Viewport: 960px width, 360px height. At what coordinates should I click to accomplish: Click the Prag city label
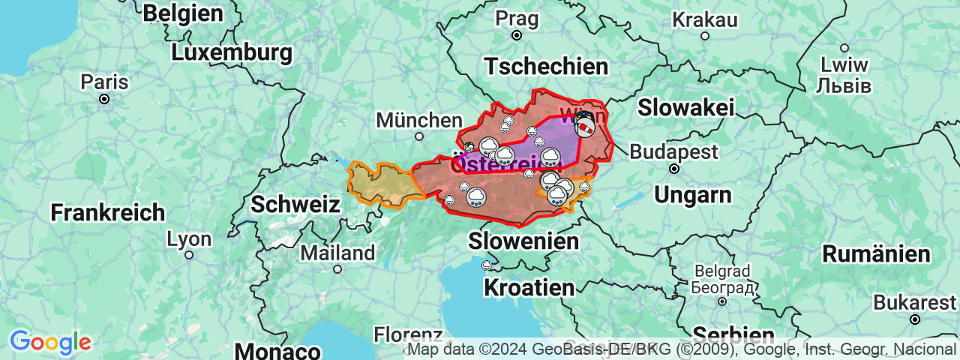click(x=516, y=16)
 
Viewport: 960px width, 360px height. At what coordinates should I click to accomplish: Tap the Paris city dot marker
click(x=104, y=99)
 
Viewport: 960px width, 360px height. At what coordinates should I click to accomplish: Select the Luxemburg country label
click(x=231, y=53)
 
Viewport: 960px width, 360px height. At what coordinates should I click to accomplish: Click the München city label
click(x=419, y=120)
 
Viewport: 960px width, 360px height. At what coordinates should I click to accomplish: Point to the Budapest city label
click(x=673, y=151)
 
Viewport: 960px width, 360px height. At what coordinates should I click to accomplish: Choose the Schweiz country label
click(x=295, y=204)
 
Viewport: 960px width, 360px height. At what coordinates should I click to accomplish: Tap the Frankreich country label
click(x=107, y=212)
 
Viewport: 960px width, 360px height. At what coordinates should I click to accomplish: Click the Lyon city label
click(x=188, y=239)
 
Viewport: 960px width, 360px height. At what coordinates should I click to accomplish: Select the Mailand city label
click(x=337, y=253)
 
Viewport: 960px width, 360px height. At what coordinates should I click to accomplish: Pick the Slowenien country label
click(x=523, y=241)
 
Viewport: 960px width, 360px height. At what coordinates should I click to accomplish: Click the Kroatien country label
click(x=529, y=287)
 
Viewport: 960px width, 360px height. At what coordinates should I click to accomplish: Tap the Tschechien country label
click(x=545, y=67)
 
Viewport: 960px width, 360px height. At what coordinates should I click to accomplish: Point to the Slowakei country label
click(x=685, y=107)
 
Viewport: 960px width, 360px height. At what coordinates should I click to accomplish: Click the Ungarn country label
click(x=692, y=195)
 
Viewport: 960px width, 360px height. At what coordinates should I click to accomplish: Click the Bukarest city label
click(x=915, y=303)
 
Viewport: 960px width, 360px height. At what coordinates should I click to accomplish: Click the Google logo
click(x=49, y=343)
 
